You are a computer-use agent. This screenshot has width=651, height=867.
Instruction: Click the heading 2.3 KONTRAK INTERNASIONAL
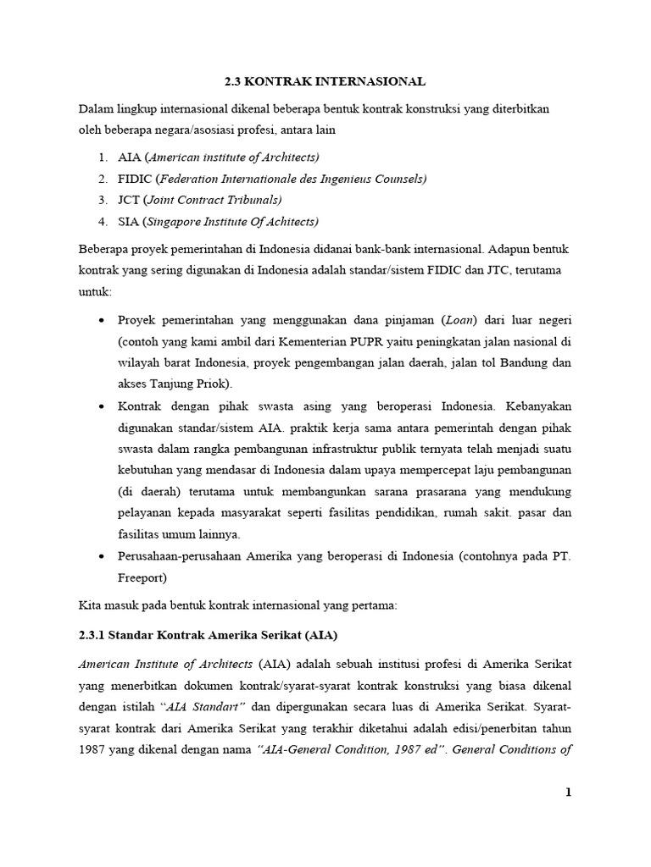(x=325, y=81)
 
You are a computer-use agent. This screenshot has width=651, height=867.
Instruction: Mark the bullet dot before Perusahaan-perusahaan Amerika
(x=103, y=556)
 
